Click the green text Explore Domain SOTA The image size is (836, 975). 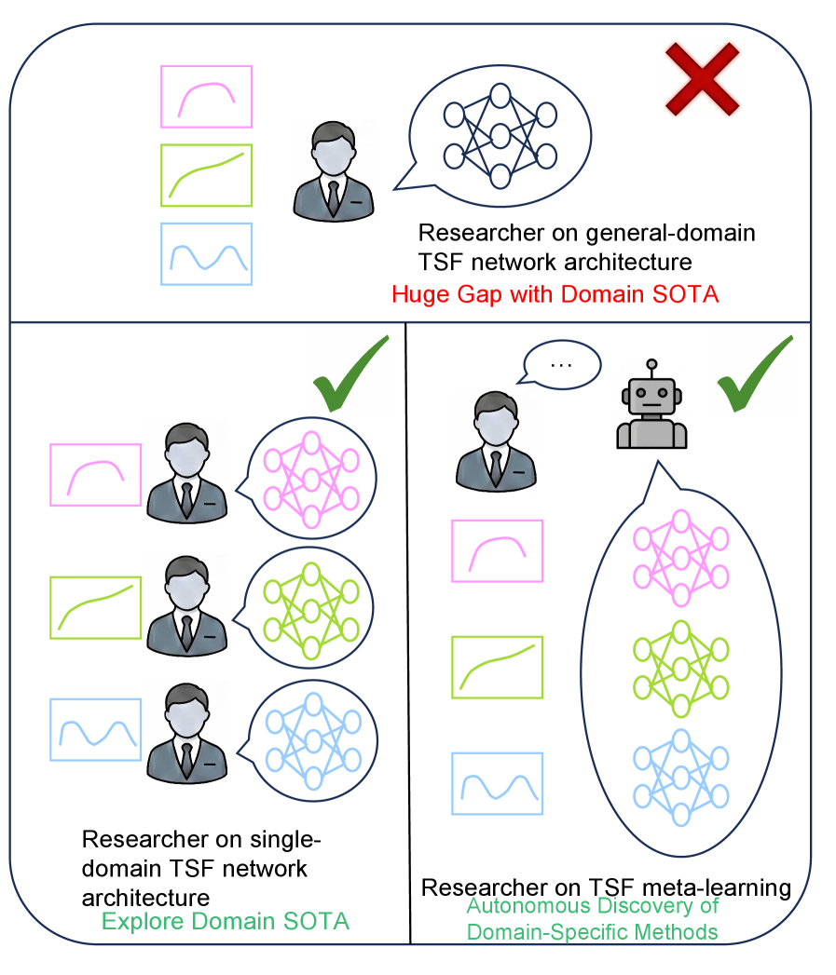tap(225, 922)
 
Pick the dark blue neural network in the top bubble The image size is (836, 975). tap(500, 136)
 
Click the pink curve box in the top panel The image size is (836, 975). tap(206, 96)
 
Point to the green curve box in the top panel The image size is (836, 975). tap(206, 174)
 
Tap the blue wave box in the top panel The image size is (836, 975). tap(206, 253)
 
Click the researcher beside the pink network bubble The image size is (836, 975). tap(186, 473)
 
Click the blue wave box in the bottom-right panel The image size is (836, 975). tap(497, 783)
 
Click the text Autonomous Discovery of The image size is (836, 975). tap(593, 906)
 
